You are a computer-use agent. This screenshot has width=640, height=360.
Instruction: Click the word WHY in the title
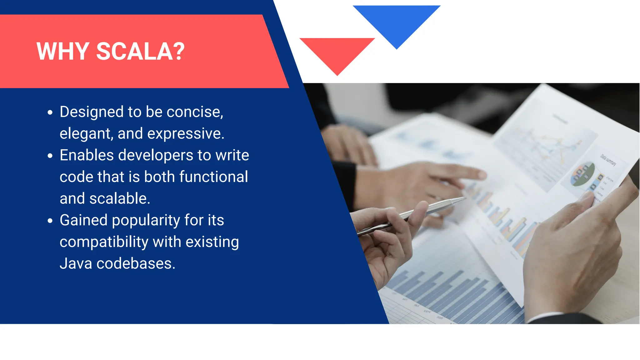(x=63, y=52)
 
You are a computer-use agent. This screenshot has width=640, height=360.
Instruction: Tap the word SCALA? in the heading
(x=140, y=52)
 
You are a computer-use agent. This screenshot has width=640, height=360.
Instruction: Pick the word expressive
(x=186, y=134)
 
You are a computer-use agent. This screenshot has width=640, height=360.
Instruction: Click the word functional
(x=214, y=177)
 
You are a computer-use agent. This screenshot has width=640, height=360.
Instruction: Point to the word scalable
(x=120, y=198)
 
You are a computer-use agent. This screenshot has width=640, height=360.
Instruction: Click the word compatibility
(x=104, y=242)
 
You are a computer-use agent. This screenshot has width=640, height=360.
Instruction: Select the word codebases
(x=136, y=263)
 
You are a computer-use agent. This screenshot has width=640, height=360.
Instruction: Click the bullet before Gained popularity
(x=50, y=221)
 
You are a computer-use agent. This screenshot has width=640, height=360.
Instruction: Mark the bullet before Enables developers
(x=50, y=156)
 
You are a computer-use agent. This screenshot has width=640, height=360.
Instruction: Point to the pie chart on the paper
(x=583, y=174)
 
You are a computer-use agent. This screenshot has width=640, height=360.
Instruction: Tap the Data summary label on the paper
(x=608, y=160)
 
